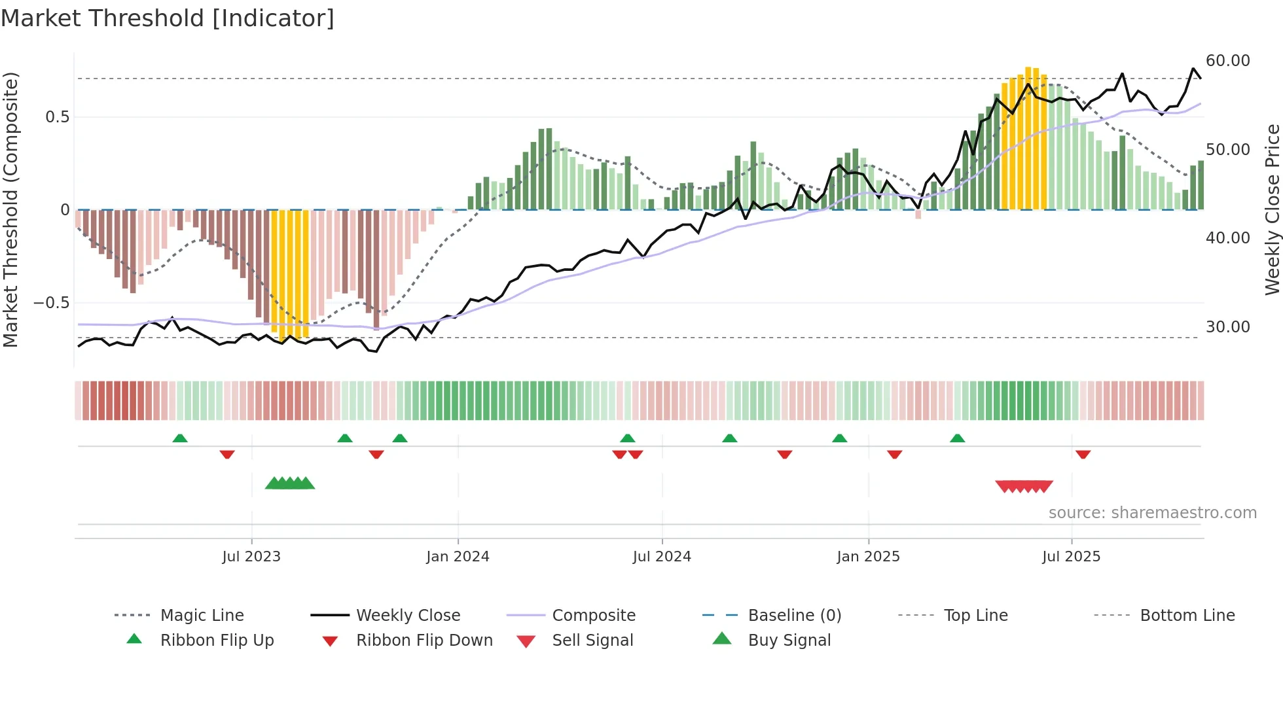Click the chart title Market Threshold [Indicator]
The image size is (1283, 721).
[168, 18]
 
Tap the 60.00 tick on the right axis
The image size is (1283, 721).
[1227, 61]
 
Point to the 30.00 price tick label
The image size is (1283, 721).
[1227, 326]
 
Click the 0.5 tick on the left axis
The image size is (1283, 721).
[57, 117]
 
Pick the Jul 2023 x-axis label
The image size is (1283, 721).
[251, 557]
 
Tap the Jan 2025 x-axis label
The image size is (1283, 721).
[868, 557]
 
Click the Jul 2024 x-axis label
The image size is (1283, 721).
[662, 557]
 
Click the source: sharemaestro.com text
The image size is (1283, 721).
[1152, 513]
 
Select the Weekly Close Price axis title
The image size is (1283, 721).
[1272, 209]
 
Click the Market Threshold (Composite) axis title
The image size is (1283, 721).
[10, 209]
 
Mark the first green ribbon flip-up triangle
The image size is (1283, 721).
[180, 438]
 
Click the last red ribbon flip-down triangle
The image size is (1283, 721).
[1083, 454]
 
